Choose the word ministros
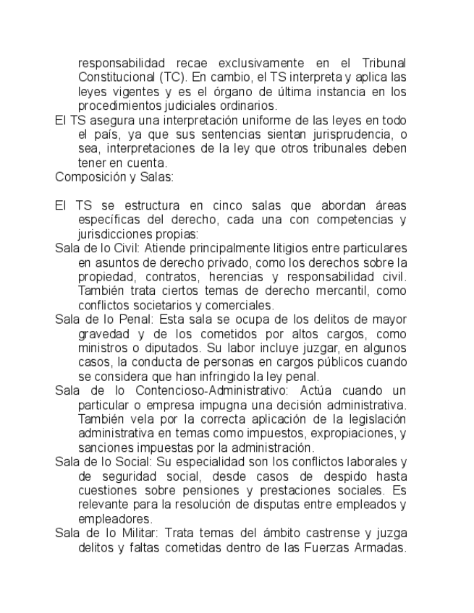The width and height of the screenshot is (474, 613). coord(99,348)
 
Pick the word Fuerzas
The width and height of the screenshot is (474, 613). coord(329,547)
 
